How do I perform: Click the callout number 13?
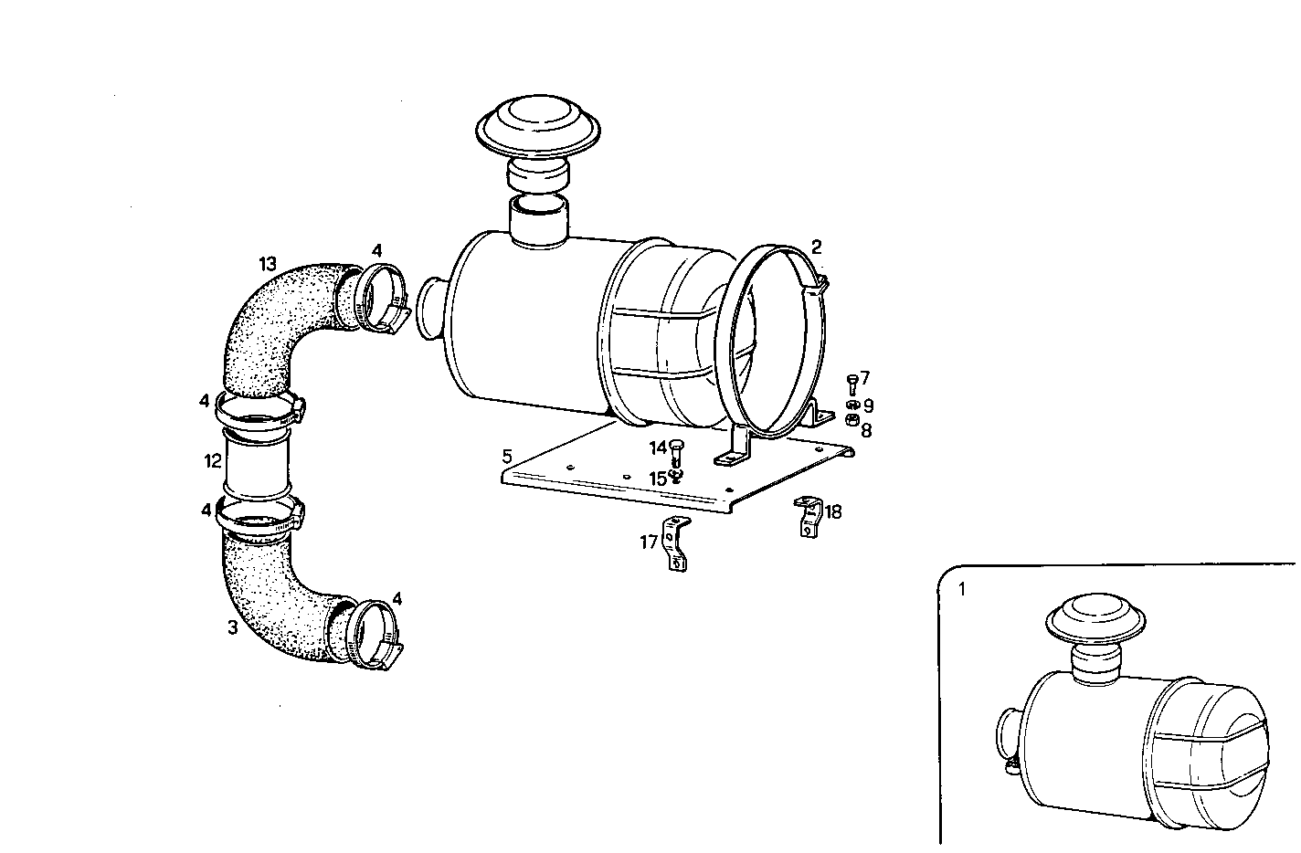(268, 264)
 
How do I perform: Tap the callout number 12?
(212, 461)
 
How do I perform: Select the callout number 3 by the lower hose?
(233, 627)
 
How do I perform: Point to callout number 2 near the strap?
(816, 247)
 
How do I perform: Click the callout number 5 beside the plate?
(508, 455)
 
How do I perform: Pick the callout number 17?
(649, 542)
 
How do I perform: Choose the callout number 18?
(832, 511)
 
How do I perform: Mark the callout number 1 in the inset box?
(961, 590)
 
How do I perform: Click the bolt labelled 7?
(851, 382)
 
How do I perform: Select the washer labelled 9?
(851, 405)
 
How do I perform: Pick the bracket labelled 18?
(808, 517)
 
